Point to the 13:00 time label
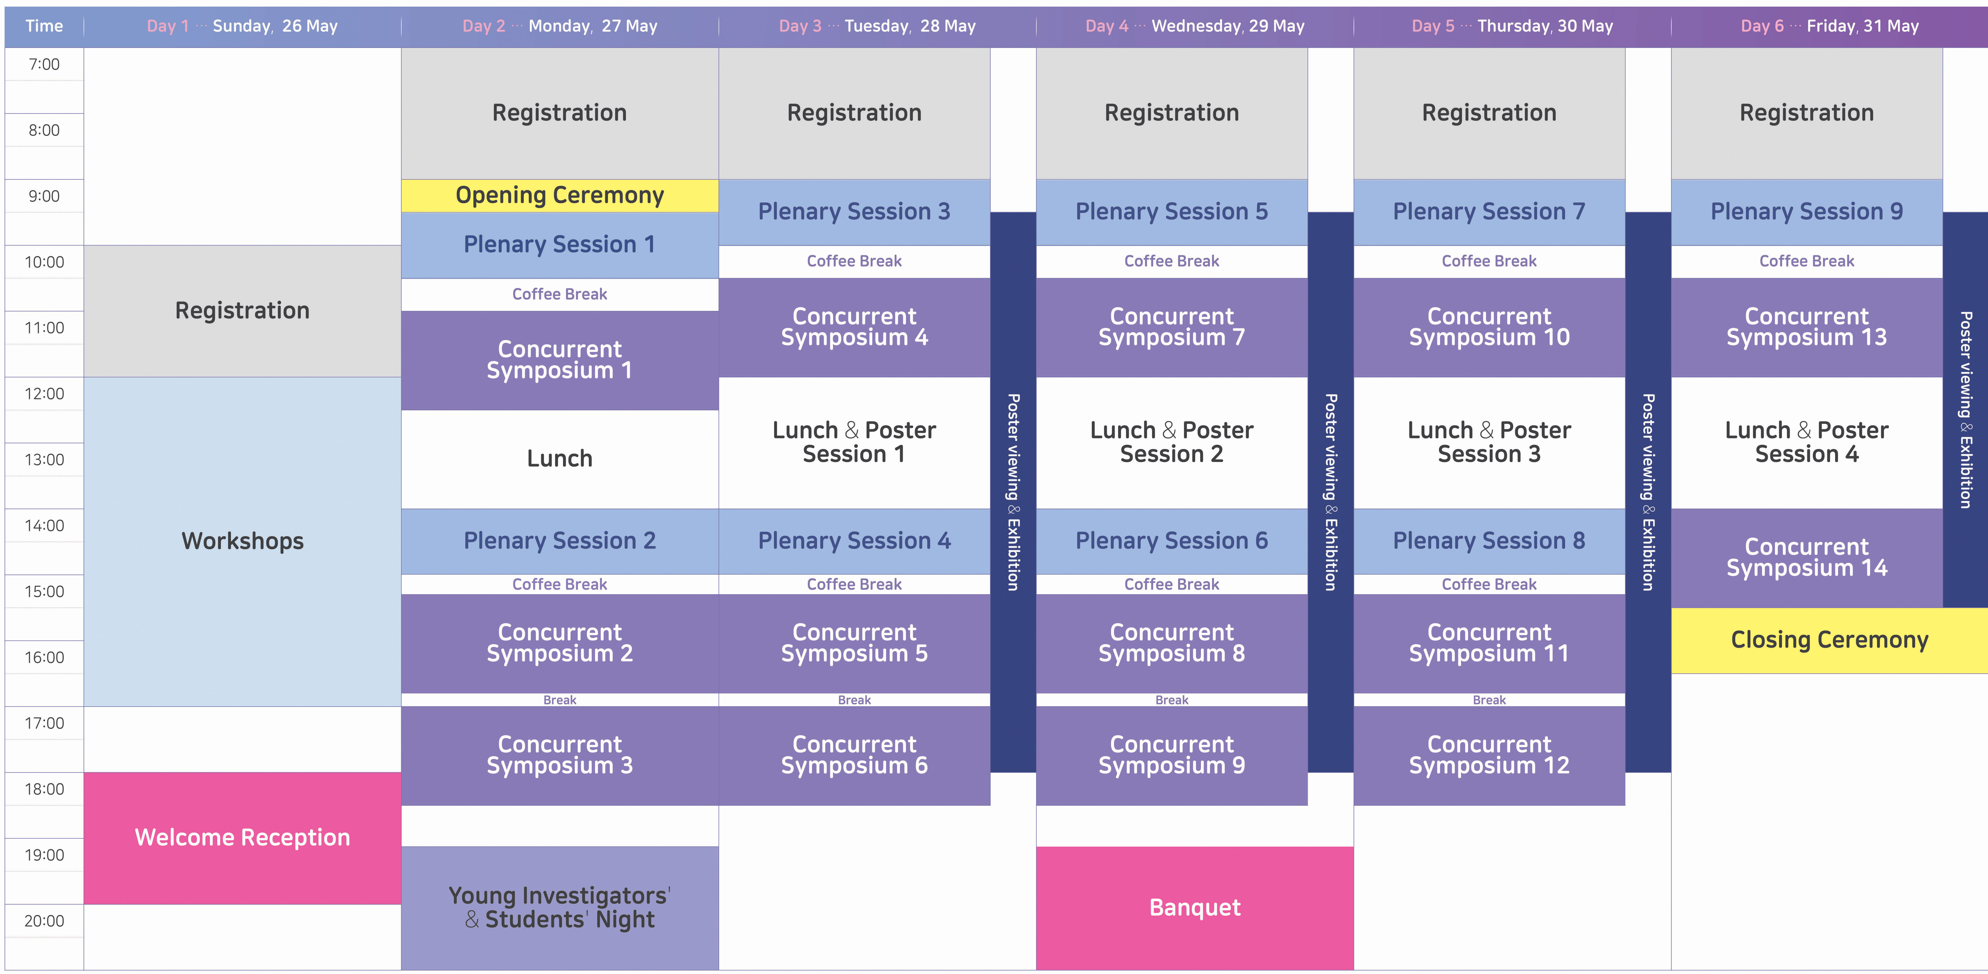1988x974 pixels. click(44, 460)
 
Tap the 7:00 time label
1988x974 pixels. click(44, 65)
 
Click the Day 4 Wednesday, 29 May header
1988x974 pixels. click(1195, 26)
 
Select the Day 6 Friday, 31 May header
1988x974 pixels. click(1829, 26)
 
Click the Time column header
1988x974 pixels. click(44, 26)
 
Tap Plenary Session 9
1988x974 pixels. click(1807, 212)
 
